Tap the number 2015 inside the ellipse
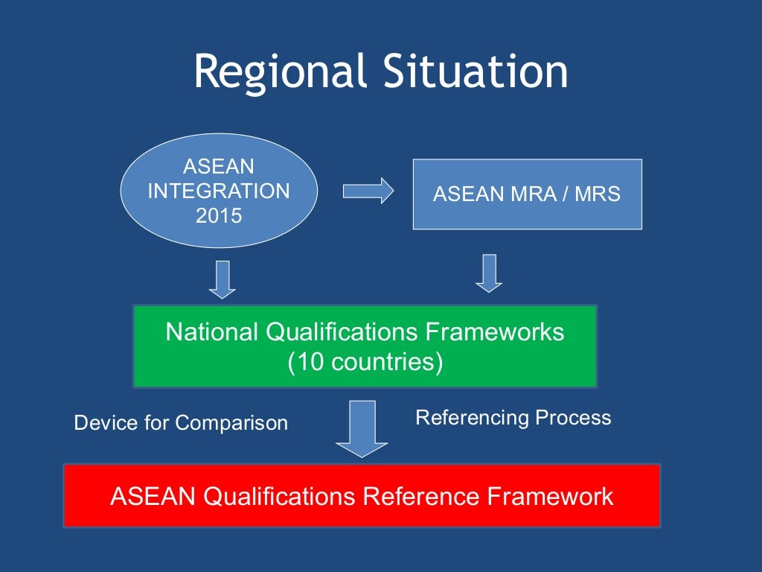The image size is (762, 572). pos(219,217)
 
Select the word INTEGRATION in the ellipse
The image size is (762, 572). pos(219,191)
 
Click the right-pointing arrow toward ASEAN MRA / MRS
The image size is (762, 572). pos(368,191)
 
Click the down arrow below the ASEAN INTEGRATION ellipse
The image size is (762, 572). pos(222,279)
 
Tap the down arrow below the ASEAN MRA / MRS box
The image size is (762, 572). pos(489,273)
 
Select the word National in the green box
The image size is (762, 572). pos(211,332)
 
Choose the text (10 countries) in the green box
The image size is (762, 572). pos(365,362)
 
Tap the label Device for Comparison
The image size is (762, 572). pos(181,423)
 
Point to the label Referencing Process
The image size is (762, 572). pos(513,418)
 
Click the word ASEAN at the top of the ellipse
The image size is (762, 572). pos(219,165)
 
